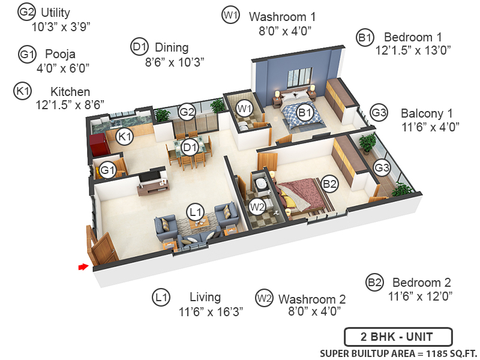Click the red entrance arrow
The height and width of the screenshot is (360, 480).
coord(83,267)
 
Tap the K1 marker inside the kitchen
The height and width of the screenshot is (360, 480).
coord(124,137)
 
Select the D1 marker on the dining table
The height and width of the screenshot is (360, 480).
coord(190,146)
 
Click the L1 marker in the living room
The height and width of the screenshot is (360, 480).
coord(196,211)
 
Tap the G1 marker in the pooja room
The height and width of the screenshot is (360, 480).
coord(107,170)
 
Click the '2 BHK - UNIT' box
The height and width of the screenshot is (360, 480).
coord(398,337)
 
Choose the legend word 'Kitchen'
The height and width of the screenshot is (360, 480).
coord(70,92)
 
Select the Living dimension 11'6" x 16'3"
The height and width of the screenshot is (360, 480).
coord(211,312)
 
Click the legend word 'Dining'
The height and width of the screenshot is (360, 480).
coord(172,47)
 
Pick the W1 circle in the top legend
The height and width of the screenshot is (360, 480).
coord(230,16)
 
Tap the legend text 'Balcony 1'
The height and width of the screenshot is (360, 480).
coord(427,113)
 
